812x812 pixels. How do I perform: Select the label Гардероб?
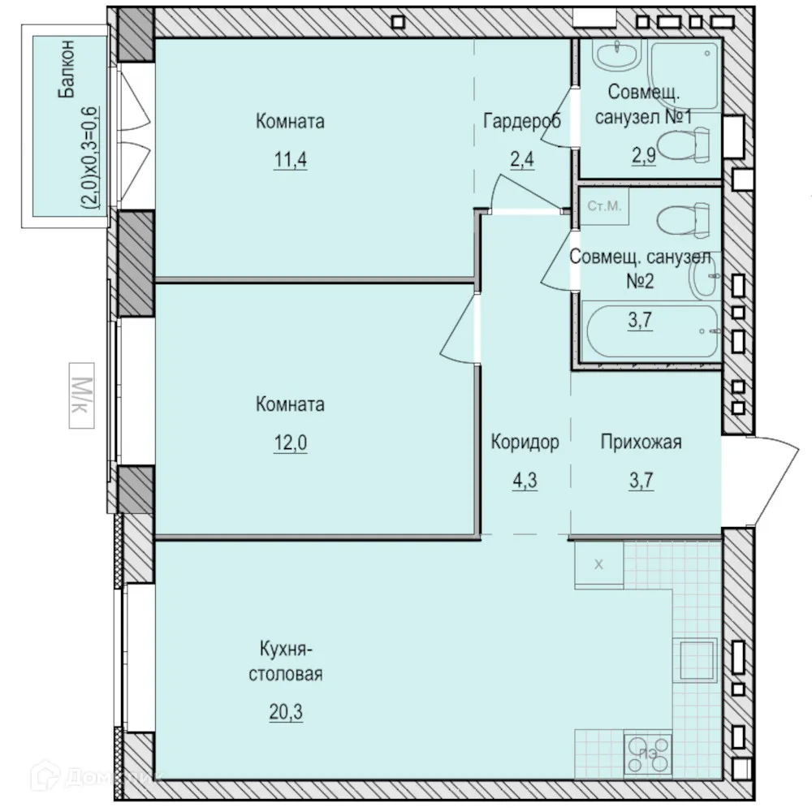coord(522,122)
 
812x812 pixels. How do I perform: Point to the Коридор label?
coord(525,443)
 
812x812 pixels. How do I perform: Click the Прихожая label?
coord(641,443)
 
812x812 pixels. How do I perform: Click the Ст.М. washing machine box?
coord(603,206)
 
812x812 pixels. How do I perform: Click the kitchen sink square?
coord(698,659)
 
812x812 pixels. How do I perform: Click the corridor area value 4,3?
coord(525,479)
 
